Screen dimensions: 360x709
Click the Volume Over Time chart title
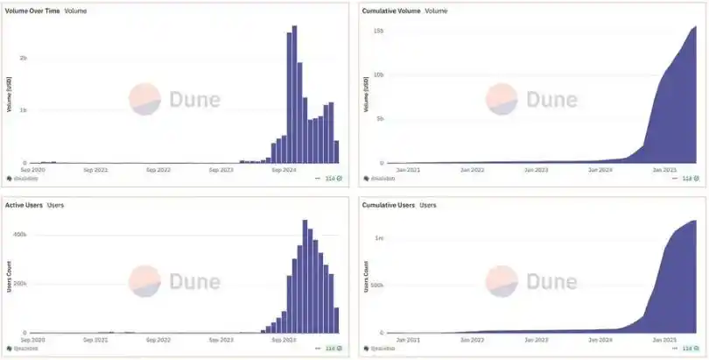tap(32, 11)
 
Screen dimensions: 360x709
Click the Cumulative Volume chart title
tap(392, 11)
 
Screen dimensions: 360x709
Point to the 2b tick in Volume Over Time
tap(23, 58)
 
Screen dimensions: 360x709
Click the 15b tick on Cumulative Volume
tap(378, 31)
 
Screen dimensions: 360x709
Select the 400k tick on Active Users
tap(19, 235)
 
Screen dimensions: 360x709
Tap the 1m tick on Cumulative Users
tap(378, 238)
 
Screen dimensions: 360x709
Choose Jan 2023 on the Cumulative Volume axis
tap(536, 169)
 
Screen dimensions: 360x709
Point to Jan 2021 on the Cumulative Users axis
tap(409, 339)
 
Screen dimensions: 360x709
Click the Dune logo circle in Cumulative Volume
tap(502, 99)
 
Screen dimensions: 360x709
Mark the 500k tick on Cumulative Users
tap(376, 286)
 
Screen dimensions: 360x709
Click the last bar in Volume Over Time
tap(337, 152)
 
